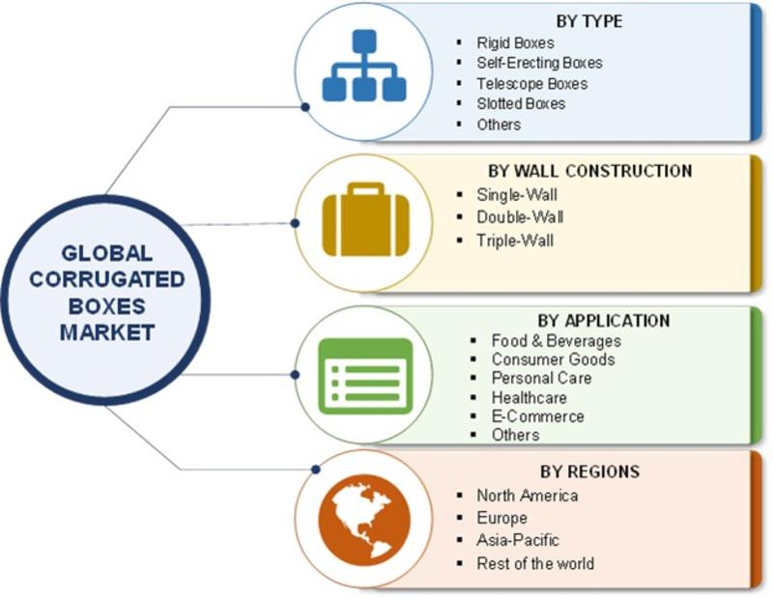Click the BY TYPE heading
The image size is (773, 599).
(x=589, y=21)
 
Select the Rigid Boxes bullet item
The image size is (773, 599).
(x=515, y=43)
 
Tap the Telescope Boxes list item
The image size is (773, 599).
(x=532, y=83)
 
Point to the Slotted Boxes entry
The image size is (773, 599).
(x=521, y=103)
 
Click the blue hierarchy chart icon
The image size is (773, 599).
(x=364, y=66)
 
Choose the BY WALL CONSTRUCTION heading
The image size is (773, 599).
(x=590, y=171)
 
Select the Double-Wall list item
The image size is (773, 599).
(x=520, y=217)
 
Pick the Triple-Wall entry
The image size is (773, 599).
(x=515, y=241)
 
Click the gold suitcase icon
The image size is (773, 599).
(x=366, y=219)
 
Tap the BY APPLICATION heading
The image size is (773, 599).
(x=604, y=321)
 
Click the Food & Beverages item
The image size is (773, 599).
(x=557, y=341)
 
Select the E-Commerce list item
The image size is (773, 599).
(x=538, y=416)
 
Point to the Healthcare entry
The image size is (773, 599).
(x=529, y=397)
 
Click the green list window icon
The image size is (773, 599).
(x=365, y=376)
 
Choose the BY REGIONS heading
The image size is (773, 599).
(x=589, y=471)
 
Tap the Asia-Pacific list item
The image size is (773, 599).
(x=518, y=540)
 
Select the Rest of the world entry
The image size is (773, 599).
(x=535, y=563)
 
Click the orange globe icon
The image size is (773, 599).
(x=364, y=520)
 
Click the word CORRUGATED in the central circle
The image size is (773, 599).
(x=107, y=279)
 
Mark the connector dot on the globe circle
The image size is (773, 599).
(x=316, y=470)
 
